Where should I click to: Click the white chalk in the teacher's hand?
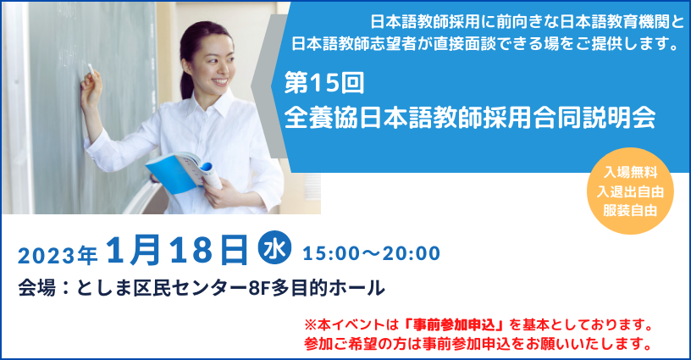coord(91,69)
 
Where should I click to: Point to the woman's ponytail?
coord(185,67)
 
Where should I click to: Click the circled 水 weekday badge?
coord(274,247)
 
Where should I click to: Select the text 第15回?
coord(323,83)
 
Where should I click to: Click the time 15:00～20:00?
coord(372,253)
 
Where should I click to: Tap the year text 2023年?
coord(58,255)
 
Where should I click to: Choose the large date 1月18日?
coord(177,250)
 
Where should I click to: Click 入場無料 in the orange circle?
coord(630,172)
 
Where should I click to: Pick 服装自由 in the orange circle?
coord(630,211)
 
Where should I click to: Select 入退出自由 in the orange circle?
coord(630,191)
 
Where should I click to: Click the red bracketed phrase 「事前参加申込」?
coord(454,324)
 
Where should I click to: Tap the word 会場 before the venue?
coord(36,289)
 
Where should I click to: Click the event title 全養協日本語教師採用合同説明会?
coord(470,117)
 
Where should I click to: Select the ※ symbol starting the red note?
coord(311,325)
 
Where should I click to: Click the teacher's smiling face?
coord(213,62)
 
